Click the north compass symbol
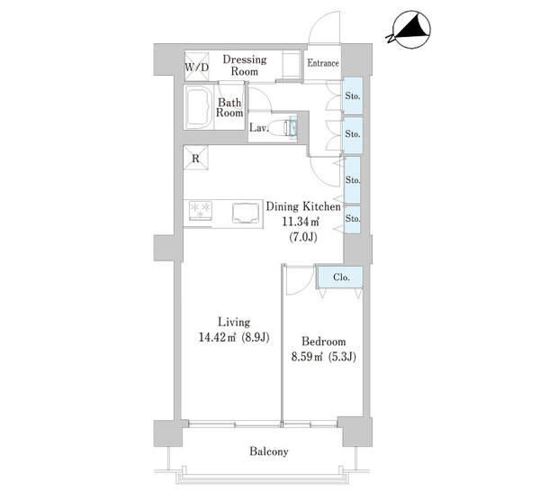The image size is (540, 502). click(409, 30)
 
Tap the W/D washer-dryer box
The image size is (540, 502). click(196, 67)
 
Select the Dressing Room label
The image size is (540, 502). click(245, 65)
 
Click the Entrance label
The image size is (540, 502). click(323, 63)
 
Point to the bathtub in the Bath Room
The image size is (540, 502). click(199, 107)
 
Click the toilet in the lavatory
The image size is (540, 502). click(281, 128)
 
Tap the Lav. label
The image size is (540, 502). click(259, 128)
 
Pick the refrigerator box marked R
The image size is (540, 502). click(195, 158)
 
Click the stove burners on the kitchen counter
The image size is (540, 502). click(200, 209)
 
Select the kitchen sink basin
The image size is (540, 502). click(246, 213)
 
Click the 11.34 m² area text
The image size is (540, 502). click(301, 222)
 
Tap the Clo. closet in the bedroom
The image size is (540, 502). click(340, 277)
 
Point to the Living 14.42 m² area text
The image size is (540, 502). click(234, 337)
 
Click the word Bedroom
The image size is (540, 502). click(323, 342)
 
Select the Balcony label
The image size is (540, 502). click(269, 452)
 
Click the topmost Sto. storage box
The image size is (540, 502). click(353, 96)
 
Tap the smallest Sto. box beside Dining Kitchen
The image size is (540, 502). click(352, 219)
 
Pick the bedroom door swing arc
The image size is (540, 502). click(300, 280)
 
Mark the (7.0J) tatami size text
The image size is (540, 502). click(302, 237)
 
